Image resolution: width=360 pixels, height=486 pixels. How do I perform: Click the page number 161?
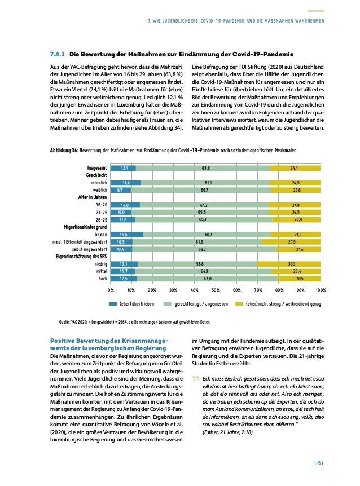pos(319,463)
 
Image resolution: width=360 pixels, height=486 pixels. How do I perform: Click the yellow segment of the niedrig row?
pos(289,263)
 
